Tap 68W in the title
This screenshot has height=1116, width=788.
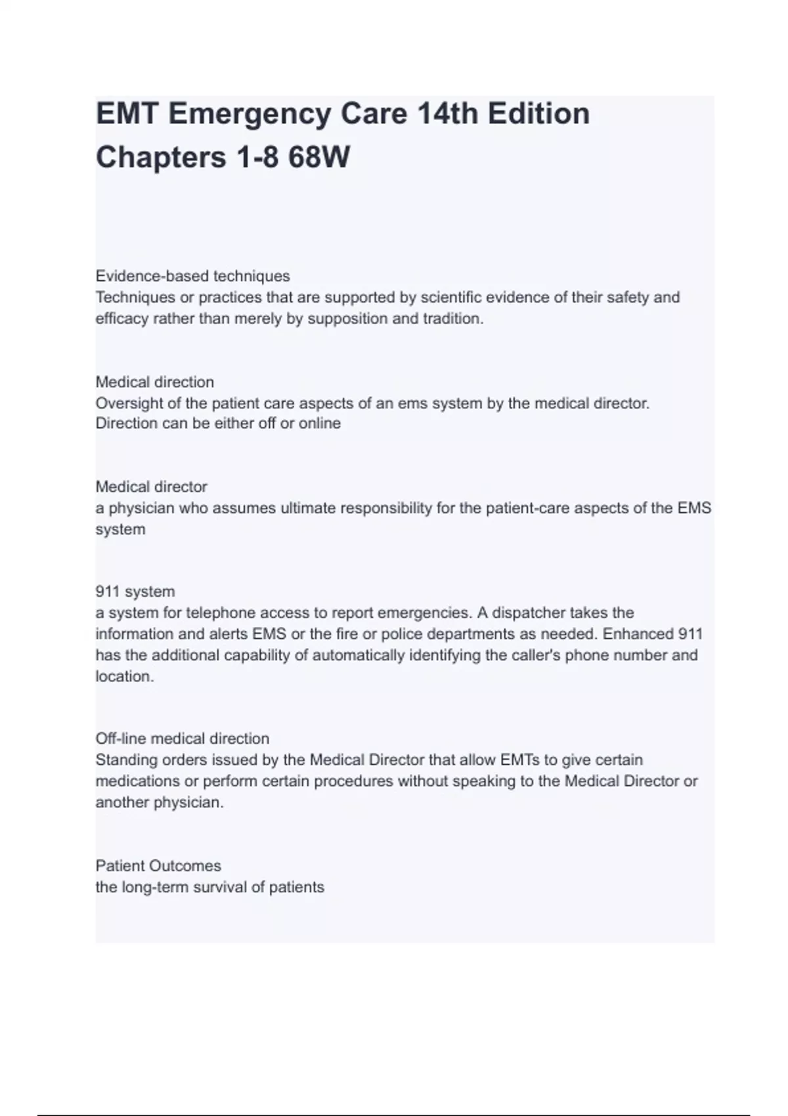tap(318, 158)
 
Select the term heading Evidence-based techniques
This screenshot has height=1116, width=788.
tap(192, 276)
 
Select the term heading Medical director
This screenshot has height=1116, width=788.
tap(151, 487)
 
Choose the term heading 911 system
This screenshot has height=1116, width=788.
tap(135, 591)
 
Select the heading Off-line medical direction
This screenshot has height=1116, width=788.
tap(182, 739)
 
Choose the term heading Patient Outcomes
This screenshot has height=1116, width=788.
tap(158, 866)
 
